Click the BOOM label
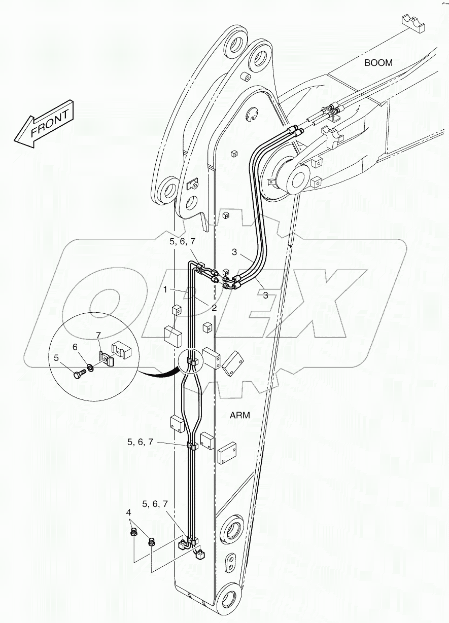tap(378, 63)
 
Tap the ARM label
tap(240, 415)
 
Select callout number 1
tap(165, 290)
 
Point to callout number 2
tap(215, 308)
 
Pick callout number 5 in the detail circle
tap(56, 358)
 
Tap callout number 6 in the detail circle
tap(76, 347)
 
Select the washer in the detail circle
tap(90, 367)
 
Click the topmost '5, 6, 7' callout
tap(182, 242)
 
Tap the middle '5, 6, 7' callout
tap(140, 442)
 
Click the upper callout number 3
tap(234, 252)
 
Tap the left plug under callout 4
tap(134, 532)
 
